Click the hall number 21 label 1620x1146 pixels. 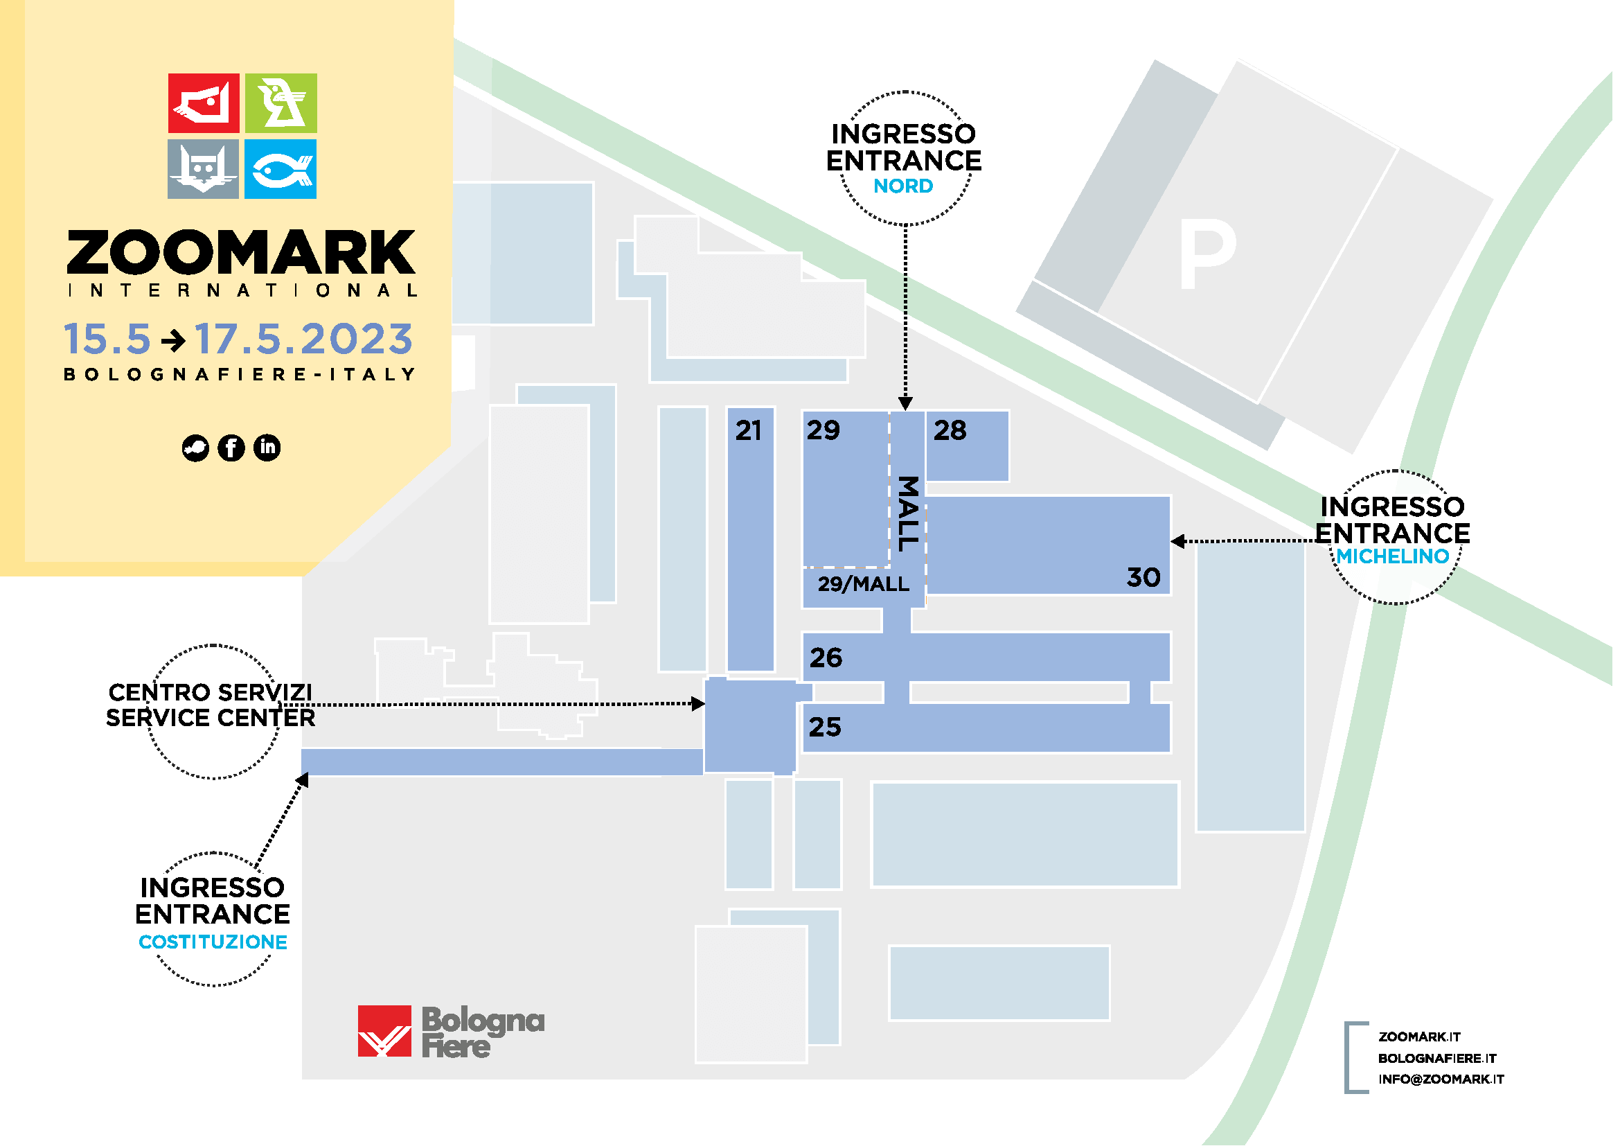click(748, 430)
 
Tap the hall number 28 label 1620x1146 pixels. click(950, 430)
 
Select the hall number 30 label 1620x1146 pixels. click(1143, 578)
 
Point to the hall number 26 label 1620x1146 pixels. click(826, 658)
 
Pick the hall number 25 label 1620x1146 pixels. click(825, 727)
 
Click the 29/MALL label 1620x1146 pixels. click(863, 584)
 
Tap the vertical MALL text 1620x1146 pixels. click(908, 513)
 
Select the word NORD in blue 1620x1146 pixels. click(903, 186)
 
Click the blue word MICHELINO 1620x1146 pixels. click(1392, 557)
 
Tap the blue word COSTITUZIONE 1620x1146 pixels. click(213, 942)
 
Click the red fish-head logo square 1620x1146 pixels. click(204, 103)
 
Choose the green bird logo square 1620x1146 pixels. click(281, 103)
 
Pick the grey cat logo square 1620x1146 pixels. click(203, 168)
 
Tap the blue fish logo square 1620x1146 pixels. click(281, 168)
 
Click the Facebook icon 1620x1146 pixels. click(231, 448)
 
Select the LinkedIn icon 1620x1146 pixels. click(267, 448)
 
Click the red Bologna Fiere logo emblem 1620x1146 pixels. click(384, 1031)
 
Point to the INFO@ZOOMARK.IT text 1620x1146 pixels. click(1441, 1079)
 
